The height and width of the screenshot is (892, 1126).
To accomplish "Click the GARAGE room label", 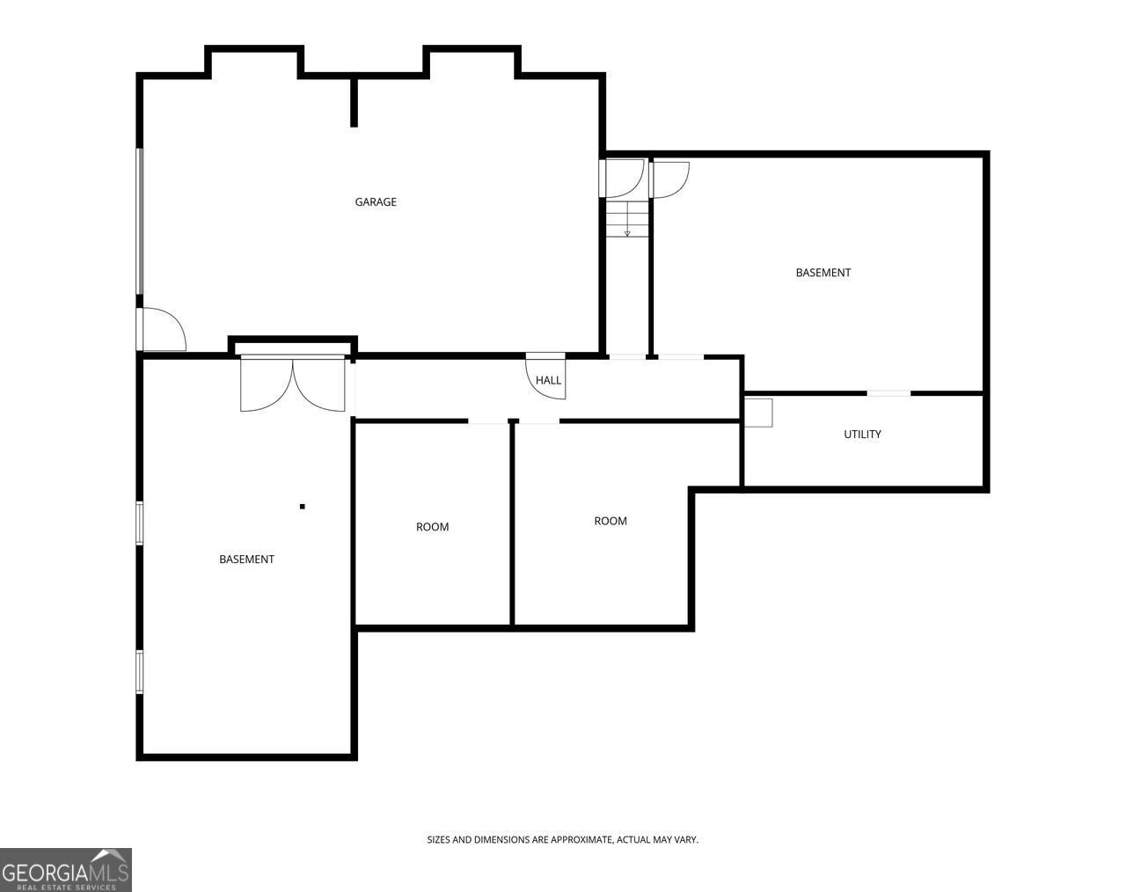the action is [x=376, y=202].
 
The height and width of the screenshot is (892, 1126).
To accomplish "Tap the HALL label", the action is [x=548, y=380].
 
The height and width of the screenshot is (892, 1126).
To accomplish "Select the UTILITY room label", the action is [x=862, y=435].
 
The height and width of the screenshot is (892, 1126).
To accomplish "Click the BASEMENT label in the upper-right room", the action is [x=823, y=273].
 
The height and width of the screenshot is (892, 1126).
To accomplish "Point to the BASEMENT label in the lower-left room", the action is [x=246, y=559].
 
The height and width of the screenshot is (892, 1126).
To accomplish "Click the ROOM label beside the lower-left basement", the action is [x=432, y=527].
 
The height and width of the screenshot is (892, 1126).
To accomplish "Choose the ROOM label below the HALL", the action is [x=611, y=521].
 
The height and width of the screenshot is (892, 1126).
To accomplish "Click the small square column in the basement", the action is [x=303, y=507].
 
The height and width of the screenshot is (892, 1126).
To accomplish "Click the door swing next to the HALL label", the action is [x=545, y=377].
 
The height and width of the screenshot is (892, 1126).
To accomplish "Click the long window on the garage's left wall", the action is [x=140, y=222].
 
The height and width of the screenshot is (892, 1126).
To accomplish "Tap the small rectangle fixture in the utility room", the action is [x=758, y=413].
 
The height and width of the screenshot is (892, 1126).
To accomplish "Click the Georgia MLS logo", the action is [x=65, y=870].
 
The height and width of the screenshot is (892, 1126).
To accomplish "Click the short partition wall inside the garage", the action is [x=355, y=101].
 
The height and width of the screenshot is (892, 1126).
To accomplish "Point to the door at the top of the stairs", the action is [x=622, y=179].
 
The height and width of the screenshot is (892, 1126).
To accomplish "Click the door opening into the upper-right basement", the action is [x=669, y=180].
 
